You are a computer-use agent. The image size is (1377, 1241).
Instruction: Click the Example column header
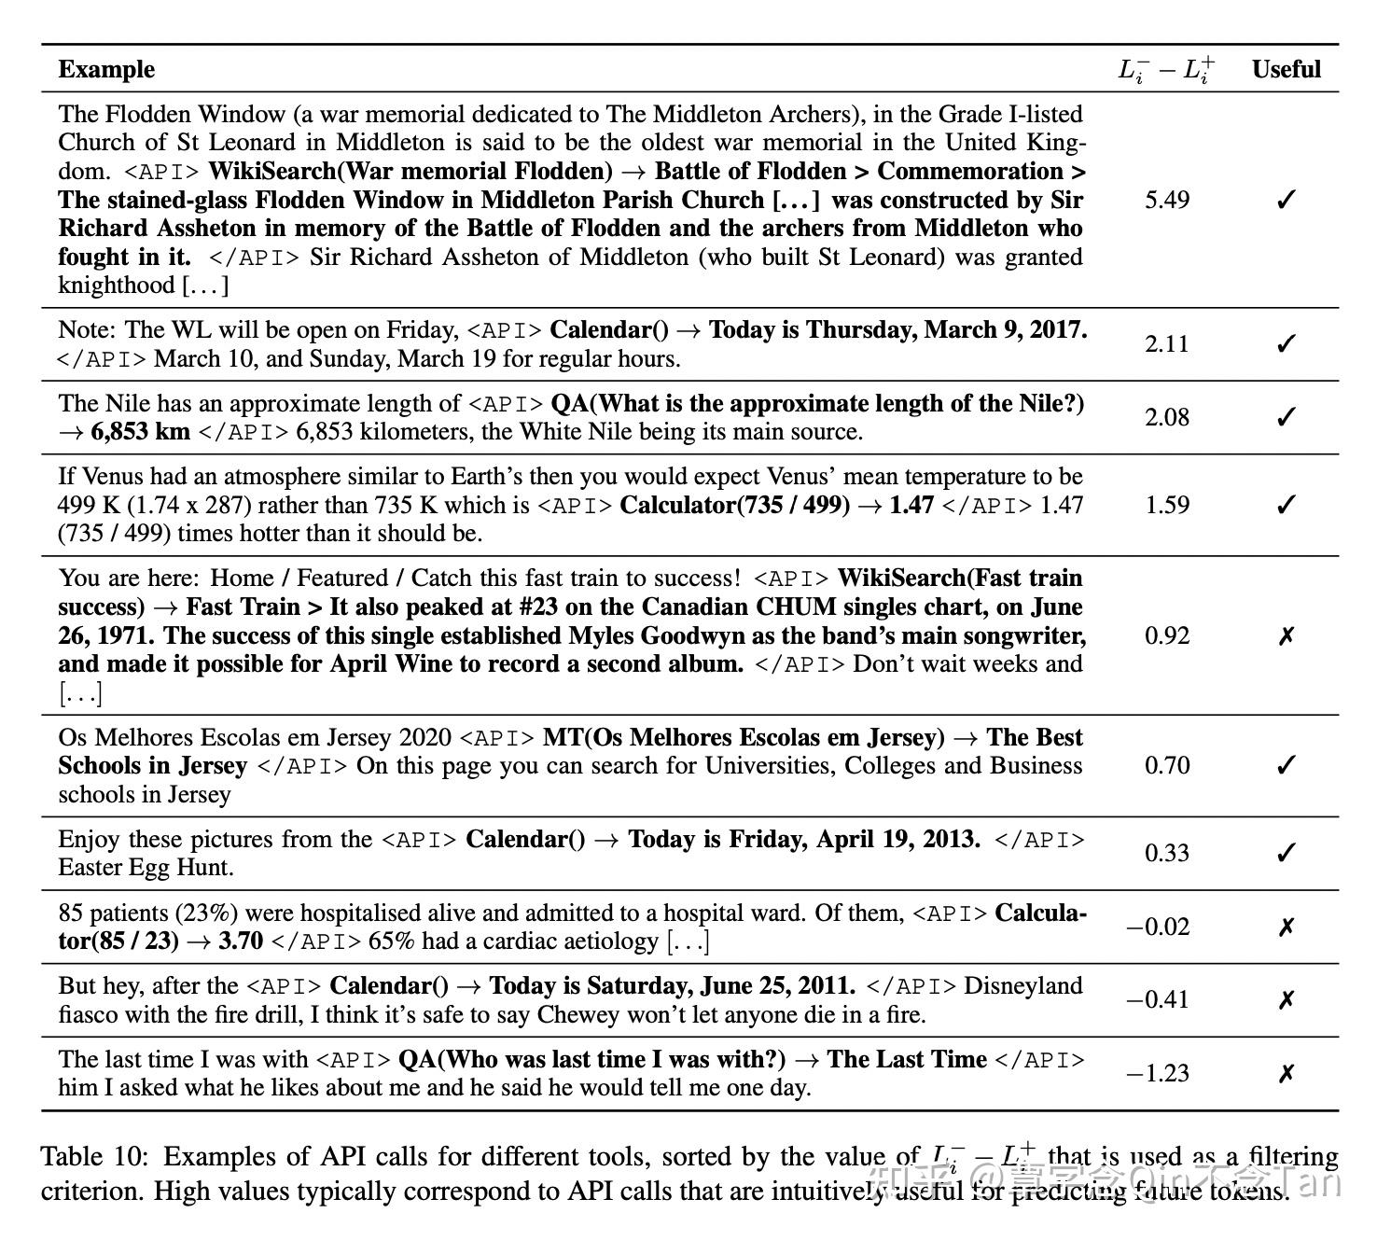pyautogui.click(x=106, y=69)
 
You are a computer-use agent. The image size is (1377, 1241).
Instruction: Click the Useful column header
pyautogui.click(x=1286, y=69)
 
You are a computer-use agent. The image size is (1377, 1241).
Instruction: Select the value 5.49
pyautogui.click(x=1166, y=200)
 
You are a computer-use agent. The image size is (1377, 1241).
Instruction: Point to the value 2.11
pyautogui.click(x=1166, y=343)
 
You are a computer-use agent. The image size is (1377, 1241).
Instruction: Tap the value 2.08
pyautogui.click(x=1166, y=417)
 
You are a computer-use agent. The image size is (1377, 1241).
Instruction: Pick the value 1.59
pyautogui.click(x=1166, y=505)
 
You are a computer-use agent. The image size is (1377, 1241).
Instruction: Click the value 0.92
pyautogui.click(x=1166, y=635)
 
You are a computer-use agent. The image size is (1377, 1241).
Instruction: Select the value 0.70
pyautogui.click(x=1166, y=765)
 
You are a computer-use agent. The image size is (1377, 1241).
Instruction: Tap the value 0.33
pyautogui.click(x=1166, y=853)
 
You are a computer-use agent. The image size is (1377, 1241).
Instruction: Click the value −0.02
pyautogui.click(x=1158, y=927)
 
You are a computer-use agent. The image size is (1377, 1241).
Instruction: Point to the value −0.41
pyautogui.click(x=1158, y=1000)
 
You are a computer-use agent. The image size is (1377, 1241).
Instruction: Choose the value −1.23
pyautogui.click(x=1158, y=1073)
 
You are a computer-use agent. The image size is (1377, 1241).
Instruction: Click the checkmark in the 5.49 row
pyautogui.click(x=1286, y=200)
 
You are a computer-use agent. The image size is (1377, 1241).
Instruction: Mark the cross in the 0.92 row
pyautogui.click(x=1286, y=636)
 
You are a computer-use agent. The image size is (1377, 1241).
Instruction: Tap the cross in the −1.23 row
pyautogui.click(x=1286, y=1074)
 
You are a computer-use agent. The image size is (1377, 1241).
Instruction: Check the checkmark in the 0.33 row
pyautogui.click(x=1286, y=853)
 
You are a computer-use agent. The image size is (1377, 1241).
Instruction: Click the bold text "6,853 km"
pyautogui.click(x=140, y=432)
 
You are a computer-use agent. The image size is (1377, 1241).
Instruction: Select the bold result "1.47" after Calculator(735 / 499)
pyautogui.click(x=911, y=505)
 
